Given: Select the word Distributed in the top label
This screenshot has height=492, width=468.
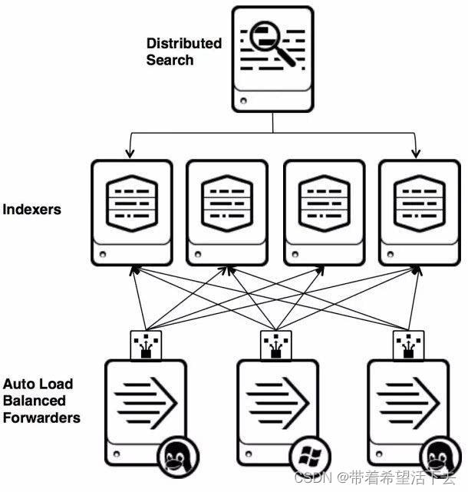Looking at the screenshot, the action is pos(184,43).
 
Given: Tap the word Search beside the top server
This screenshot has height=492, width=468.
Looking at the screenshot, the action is pos(170,60).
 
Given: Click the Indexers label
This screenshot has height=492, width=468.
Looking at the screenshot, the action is pos(31,210).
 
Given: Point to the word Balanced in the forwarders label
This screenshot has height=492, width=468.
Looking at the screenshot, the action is pos(35,401).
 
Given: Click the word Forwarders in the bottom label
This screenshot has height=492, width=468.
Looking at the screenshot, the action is pos(41,418).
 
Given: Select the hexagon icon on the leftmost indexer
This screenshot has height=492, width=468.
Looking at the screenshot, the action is pos(132,203).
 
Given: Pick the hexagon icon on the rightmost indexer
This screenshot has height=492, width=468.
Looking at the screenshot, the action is pos(420,203).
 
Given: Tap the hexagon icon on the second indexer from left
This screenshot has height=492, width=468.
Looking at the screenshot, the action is pos(227,203).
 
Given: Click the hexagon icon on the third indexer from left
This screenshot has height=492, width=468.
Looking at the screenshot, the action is pos(325,203).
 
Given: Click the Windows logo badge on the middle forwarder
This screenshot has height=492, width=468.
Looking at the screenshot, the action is pos(310,456).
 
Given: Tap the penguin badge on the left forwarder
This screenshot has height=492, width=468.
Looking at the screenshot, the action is pos(178,457).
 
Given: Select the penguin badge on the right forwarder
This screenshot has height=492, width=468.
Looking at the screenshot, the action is pos(440,457).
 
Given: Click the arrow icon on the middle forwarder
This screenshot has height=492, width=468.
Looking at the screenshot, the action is pos(278,403).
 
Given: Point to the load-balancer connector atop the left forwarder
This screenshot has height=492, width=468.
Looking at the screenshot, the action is pos(146,345).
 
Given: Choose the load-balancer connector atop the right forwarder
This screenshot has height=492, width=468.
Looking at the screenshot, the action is pos(408,345).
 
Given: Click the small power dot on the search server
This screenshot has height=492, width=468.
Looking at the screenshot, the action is pos(243,101).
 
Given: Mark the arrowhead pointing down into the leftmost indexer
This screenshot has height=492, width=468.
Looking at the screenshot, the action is pos(130,154).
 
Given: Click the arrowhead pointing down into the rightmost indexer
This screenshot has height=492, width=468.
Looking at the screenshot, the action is pos(416,154).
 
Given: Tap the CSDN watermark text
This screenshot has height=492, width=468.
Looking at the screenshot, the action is pos(375,478).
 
